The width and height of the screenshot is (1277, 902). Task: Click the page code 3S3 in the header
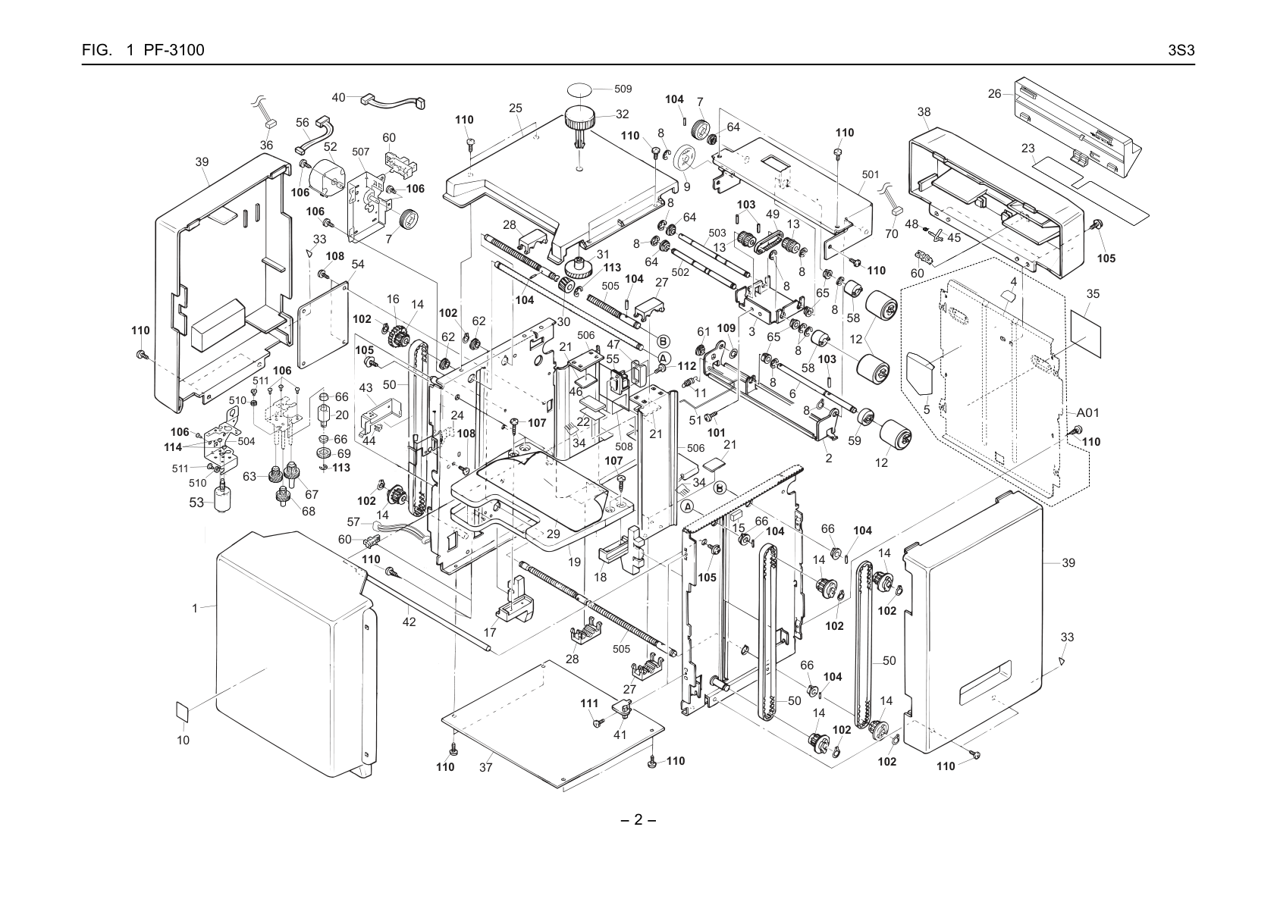tap(1181, 51)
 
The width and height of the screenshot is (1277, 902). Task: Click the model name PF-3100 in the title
tap(174, 51)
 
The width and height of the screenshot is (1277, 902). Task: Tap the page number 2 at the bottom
tap(638, 820)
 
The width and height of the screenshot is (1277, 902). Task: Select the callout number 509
tap(623, 89)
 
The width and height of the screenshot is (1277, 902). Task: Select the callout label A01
tap(1087, 412)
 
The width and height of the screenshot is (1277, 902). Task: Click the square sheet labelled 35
tap(1086, 334)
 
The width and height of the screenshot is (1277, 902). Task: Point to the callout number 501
tap(871, 175)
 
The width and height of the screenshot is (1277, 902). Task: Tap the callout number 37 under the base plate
tap(485, 768)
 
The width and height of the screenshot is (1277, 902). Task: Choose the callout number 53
tap(196, 503)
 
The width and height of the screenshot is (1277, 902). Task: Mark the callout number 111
tap(589, 703)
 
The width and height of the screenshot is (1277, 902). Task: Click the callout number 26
tap(994, 93)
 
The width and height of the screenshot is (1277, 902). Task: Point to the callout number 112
tap(687, 366)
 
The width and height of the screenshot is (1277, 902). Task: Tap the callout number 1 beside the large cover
tap(194, 609)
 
